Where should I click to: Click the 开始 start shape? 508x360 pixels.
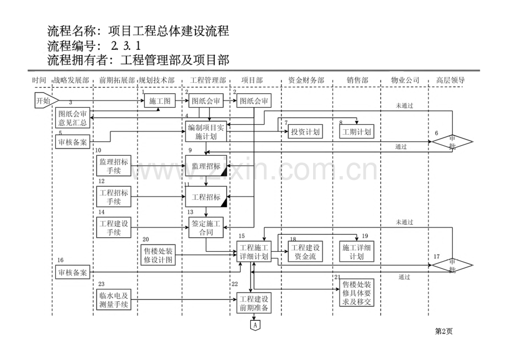(x=43, y=101)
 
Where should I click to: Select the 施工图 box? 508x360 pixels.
(x=160, y=101)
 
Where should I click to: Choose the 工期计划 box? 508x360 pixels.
(x=356, y=131)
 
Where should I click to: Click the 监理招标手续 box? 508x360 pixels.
(x=114, y=166)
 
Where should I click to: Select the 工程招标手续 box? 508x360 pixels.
(x=114, y=197)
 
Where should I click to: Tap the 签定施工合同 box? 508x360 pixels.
(x=206, y=228)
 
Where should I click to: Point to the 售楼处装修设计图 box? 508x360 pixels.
(x=158, y=255)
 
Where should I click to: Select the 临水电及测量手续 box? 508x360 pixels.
(x=114, y=299)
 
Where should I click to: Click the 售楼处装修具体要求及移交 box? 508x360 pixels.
(x=357, y=293)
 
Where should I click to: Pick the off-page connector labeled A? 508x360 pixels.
(x=255, y=326)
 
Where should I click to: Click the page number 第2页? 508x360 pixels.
(x=443, y=332)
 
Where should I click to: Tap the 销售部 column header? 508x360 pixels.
(x=357, y=80)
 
